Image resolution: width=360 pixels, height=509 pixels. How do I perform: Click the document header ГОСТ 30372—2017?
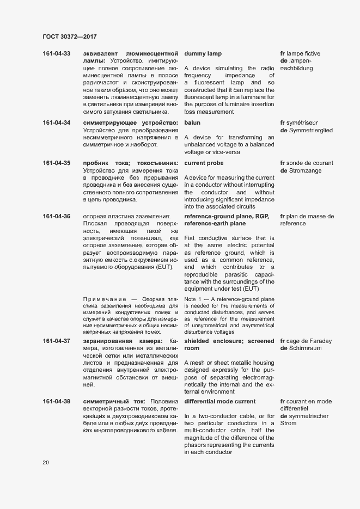(x=70, y=36)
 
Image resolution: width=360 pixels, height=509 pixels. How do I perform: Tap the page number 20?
(x=46, y=463)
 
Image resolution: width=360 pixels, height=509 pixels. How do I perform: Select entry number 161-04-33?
(x=56, y=54)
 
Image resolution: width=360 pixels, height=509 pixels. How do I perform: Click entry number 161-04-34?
(x=56, y=122)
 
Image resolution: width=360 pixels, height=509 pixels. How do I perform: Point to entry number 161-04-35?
(x=56, y=163)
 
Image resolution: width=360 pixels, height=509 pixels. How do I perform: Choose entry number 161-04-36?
(x=56, y=217)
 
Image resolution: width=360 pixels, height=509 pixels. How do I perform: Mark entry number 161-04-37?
(x=56, y=341)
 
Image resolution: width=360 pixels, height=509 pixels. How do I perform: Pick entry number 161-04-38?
(x=56, y=402)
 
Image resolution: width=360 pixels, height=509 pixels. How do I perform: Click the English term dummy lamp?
(x=203, y=54)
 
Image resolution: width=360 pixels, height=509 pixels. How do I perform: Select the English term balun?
(x=193, y=122)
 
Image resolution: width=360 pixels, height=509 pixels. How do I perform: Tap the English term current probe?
(x=204, y=163)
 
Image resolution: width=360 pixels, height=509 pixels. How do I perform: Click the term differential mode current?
(x=220, y=402)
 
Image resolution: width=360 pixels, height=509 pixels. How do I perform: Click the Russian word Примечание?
(x=103, y=299)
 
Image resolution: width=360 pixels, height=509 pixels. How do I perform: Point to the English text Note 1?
(x=194, y=299)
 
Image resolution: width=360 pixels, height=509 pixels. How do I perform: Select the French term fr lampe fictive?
(x=300, y=54)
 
